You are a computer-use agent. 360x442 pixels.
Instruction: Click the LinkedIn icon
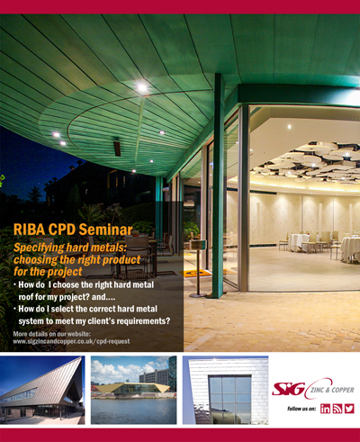point(325,409)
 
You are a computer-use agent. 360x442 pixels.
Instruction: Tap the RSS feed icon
point(337,409)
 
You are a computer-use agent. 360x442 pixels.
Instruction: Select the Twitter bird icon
point(349,409)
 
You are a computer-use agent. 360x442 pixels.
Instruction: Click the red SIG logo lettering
point(288,389)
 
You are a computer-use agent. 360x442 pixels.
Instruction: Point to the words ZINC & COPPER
point(332,390)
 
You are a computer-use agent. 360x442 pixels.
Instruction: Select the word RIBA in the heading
point(29,230)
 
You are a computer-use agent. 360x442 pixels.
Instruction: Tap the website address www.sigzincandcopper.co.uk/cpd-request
point(71,341)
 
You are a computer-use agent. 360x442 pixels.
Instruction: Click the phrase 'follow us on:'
point(301,409)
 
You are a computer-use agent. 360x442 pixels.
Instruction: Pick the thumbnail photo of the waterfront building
point(134,390)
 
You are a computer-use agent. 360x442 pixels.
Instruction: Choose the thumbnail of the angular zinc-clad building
point(42,390)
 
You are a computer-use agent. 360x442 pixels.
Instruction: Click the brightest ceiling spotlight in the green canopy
point(142,87)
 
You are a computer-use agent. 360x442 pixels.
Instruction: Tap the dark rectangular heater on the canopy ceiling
point(117,149)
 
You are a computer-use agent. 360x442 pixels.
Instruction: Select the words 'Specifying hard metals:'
point(70,248)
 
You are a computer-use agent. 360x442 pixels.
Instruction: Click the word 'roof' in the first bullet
point(25,297)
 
